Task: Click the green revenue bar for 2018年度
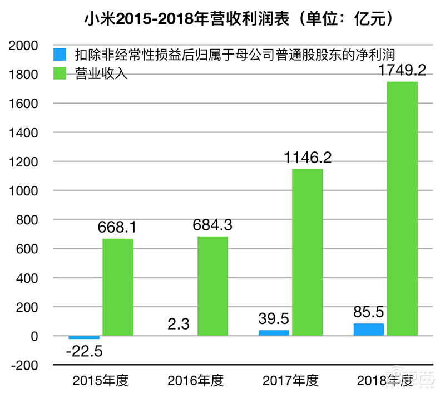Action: tap(402, 209)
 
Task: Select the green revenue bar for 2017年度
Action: tap(307, 252)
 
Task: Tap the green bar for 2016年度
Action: tap(212, 286)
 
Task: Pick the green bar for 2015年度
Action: tap(117, 287)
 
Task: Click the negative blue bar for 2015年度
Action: tap(84, 337)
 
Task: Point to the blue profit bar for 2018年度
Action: tap(369, 330)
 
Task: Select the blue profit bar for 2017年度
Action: tap(274, 333)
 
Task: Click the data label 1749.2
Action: tap(402, 71)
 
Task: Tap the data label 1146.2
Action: tap(307, 158)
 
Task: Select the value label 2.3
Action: tap(179, 323)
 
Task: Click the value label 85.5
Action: tap(368, 312)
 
